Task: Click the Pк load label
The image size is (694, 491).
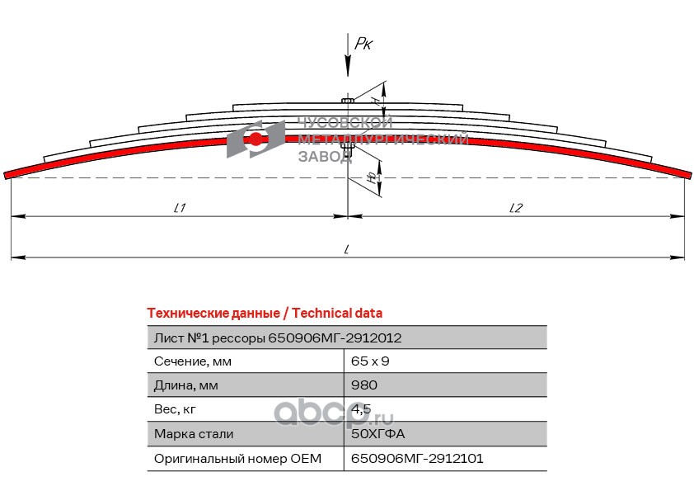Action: (x=363, y=45)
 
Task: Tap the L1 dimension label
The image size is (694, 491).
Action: (x=179, y=208)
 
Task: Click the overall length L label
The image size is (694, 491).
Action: (x=348, y=248)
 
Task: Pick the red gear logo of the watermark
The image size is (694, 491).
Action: (x=257, y=139)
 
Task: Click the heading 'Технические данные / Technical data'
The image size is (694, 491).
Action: (x=265, y=314)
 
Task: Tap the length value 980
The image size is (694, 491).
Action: (x=363, y=385)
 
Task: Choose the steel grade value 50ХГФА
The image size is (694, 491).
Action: (x=378, y=433)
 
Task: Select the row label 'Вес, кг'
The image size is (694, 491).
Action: (x=176, y=409)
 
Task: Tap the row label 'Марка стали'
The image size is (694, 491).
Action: (x=194, y=433)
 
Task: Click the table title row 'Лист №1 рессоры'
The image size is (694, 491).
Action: (x=278, y=338)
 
